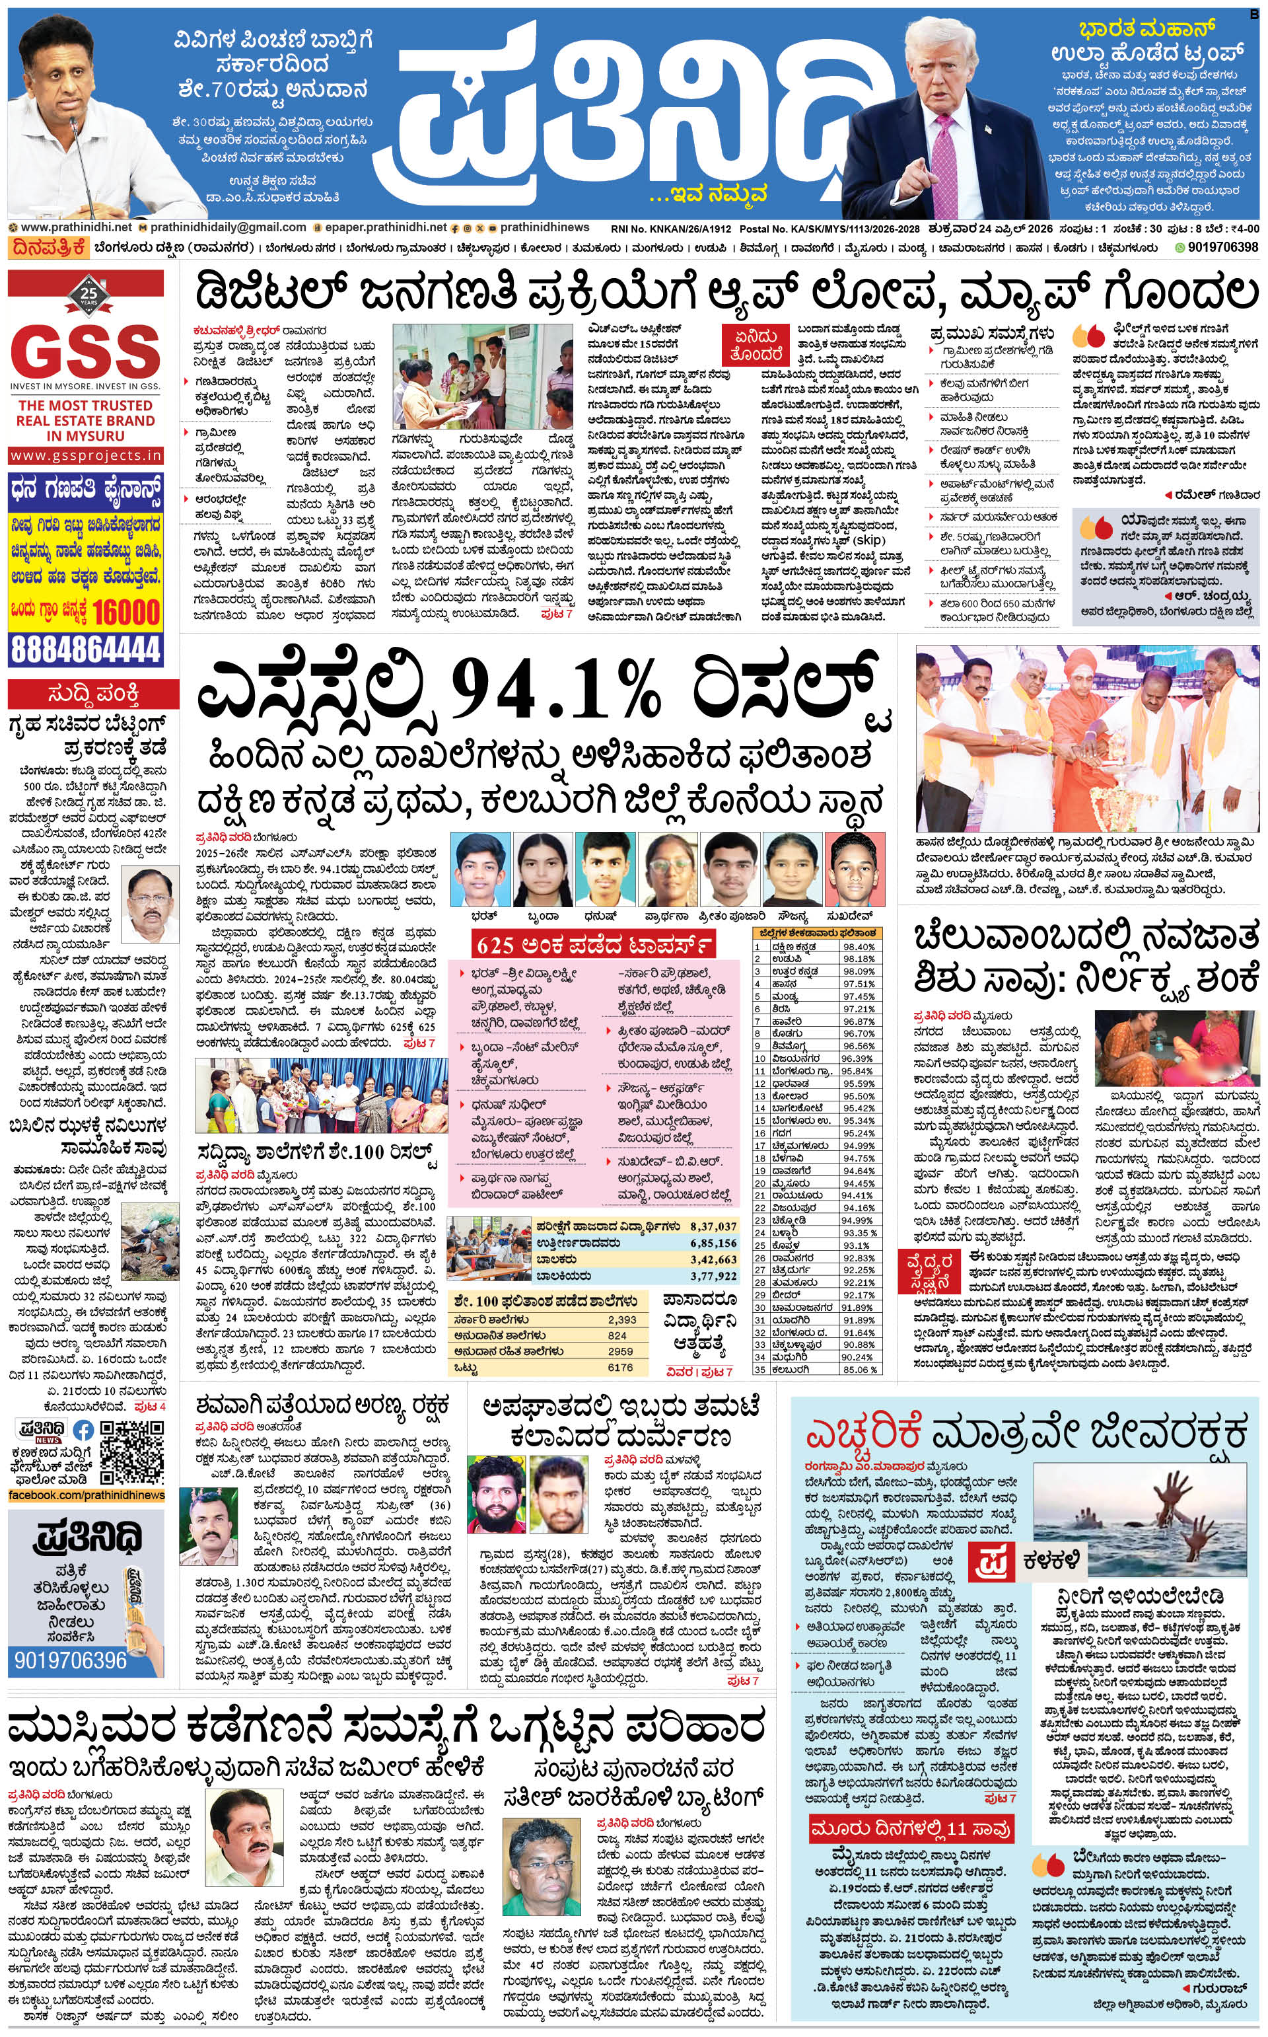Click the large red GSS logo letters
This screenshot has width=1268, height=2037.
pyautogui.click(x=87, y=351)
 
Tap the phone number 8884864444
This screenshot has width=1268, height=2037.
pyautogui.click(x=86, y=649)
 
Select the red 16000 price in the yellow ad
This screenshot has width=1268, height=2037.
pyautogui.click(x=125, y=612)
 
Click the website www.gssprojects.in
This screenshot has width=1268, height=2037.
pyautogui.click(x=86, y=455)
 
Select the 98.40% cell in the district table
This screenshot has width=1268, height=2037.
pyautogui.click(x=858, y=946)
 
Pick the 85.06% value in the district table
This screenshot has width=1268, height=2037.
pyautogui.click(x=858, y=1369)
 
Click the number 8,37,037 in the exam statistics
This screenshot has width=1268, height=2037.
pyautogui.click(x=713, y=1226)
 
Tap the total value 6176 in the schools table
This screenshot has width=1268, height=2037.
pyautogui.click(x=621, y=1368)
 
